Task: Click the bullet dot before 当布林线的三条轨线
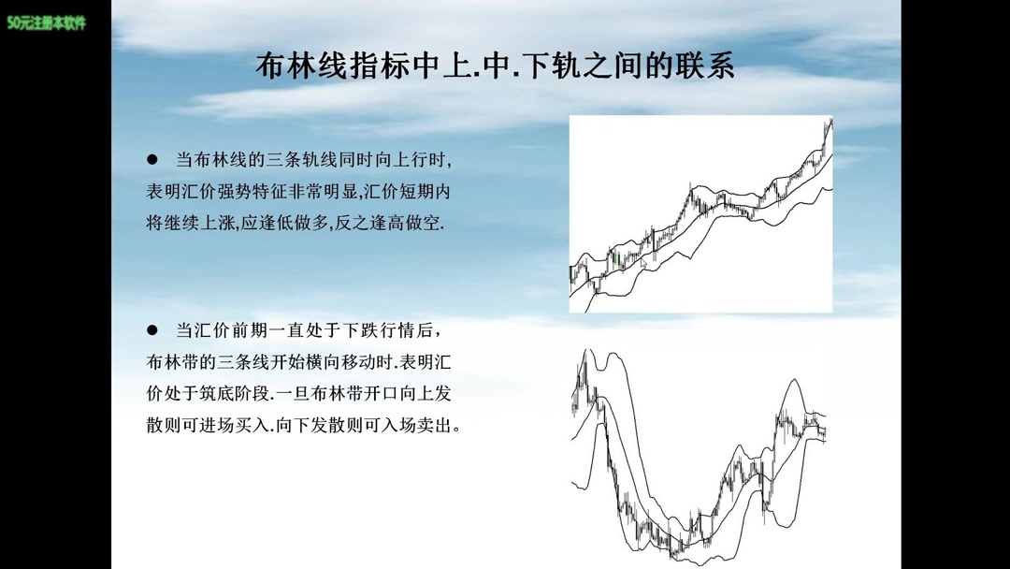[151, 160]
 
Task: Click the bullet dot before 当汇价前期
[151, 330]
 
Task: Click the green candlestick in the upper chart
[616, 259]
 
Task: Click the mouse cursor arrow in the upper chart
[643, 265]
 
